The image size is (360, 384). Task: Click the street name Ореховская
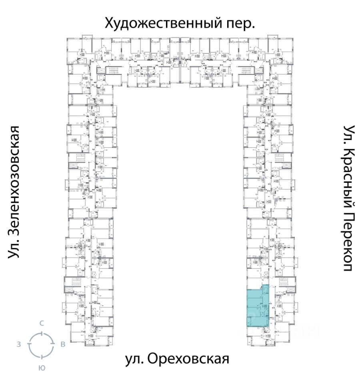pos(188,359)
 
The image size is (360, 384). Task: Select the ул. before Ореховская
pos(133,359)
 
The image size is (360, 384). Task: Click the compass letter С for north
pos(41,324)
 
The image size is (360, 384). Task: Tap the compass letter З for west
pos(19,344)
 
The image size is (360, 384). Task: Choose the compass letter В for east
pos(62,344)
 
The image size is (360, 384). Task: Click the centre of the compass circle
pos(41,344)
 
